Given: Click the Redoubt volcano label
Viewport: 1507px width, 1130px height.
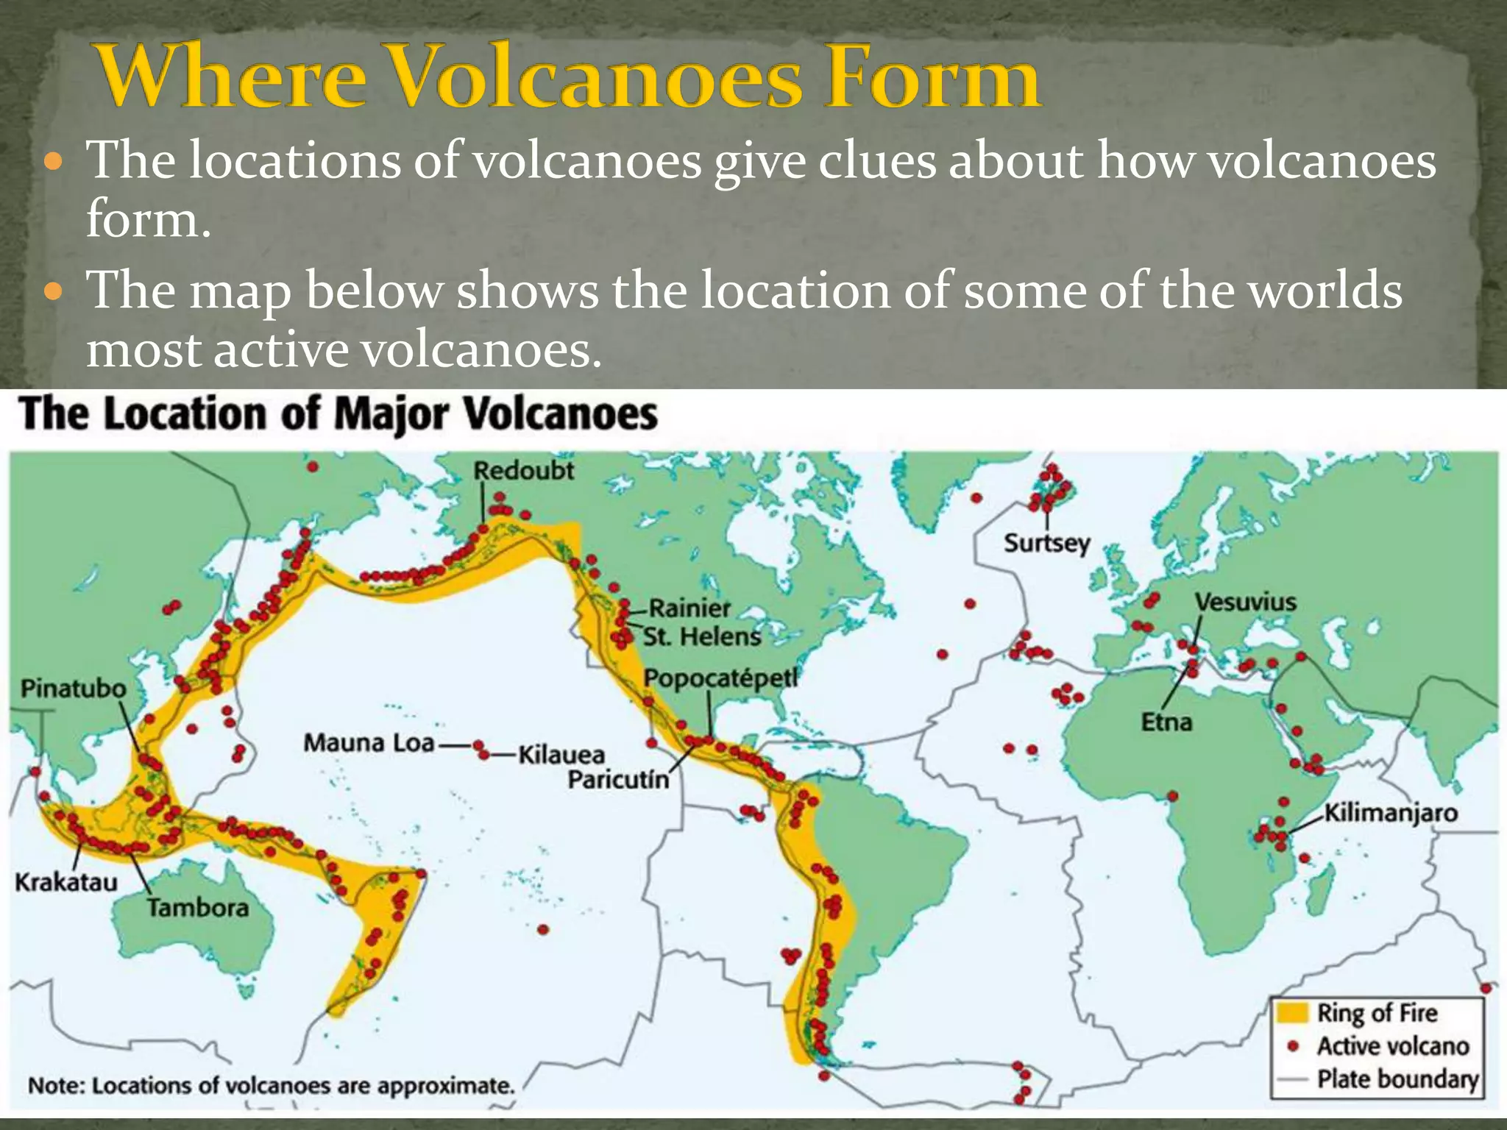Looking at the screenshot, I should point(523,471).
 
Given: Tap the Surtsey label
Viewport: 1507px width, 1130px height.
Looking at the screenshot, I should point(1046,544).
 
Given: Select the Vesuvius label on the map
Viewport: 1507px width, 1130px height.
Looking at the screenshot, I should point(1245,603).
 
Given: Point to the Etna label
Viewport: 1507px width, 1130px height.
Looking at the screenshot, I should point(1166,722).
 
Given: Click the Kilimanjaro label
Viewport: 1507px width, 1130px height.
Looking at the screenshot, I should point(1391,813).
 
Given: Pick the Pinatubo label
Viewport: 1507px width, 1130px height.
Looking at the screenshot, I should point(74,689).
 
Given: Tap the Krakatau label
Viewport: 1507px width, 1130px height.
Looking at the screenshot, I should point(66,881).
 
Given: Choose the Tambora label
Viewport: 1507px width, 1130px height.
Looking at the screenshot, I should point(197,908).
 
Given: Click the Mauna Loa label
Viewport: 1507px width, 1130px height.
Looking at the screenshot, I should point(369,743).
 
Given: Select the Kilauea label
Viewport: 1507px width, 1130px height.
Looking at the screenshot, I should point(561,755).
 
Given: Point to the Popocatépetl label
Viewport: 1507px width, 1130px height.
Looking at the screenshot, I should point(720,678).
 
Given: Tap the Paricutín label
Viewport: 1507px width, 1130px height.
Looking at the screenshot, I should point(618,779).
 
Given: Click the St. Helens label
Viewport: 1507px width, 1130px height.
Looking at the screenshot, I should point(702,636).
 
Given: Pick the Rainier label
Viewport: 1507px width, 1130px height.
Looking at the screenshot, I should point(689,608).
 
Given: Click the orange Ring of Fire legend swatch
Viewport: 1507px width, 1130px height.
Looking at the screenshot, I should point(1291,1012).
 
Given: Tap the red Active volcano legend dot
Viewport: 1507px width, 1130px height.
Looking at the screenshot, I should point(1292,1045).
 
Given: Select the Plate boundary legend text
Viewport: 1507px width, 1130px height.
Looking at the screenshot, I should point(1397,1079).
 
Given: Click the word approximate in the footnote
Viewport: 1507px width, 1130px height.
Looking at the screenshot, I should point(445,1086).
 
